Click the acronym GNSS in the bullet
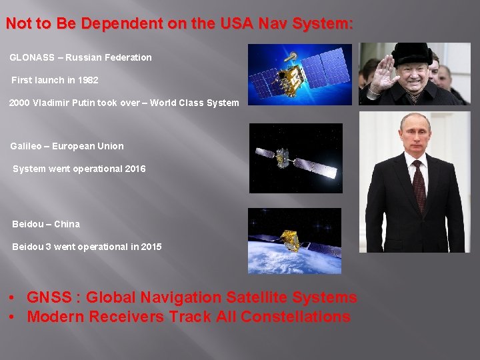coord(50,297)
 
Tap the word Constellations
coord(295,317)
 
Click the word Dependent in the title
coord(121,24)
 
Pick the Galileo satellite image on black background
coord(295,158)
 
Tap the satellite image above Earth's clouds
coord(295,241)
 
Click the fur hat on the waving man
coord(412,53)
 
